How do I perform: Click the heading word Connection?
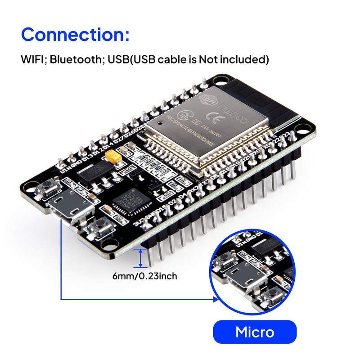[72, 34]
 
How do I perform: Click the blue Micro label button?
[255, 333]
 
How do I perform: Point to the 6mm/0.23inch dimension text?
[144, 276]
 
